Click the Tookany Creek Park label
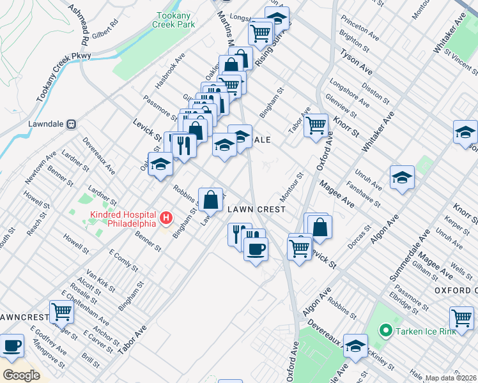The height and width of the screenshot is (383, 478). pos(173,20)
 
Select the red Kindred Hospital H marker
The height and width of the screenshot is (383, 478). pos(166,219)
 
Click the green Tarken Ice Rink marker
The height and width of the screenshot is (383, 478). pos(385,331)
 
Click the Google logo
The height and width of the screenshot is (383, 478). pos(20,375)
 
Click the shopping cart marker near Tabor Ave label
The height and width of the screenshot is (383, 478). pos(315,124)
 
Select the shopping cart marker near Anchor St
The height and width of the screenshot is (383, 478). pos(62,312)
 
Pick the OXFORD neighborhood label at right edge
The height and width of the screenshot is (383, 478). pos(456,290)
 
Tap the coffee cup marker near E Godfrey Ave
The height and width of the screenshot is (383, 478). pos(12,345)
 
